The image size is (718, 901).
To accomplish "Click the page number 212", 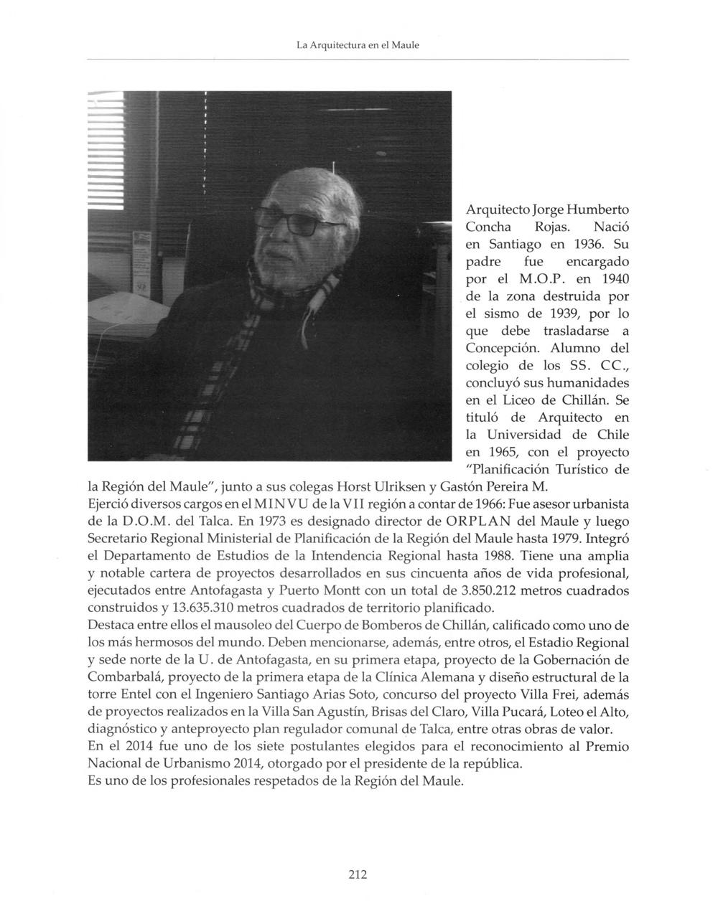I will tap(358, 874).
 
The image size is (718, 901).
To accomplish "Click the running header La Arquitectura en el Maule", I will tap(358, 44).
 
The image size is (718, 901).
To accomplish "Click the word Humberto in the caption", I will tap(598, 210).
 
